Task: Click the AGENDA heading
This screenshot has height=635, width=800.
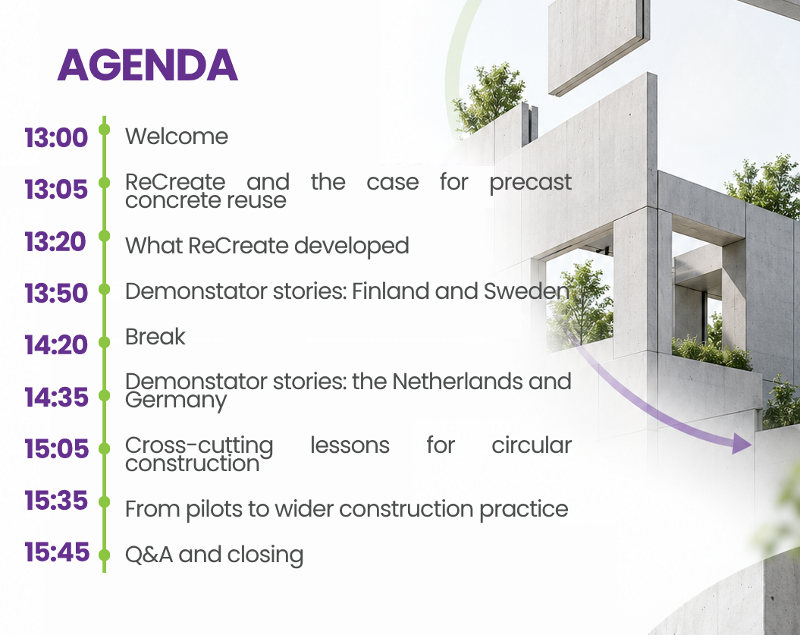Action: point(147,65)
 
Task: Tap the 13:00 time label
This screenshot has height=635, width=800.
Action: point(56,138)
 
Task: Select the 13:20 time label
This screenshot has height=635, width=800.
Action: point(55,242)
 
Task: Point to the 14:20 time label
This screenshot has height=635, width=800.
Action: point(56,345)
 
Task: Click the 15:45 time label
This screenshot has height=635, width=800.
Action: point(57,552)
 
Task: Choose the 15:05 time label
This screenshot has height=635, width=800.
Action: point(56,448)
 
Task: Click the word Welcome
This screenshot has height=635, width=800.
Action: point(177,137)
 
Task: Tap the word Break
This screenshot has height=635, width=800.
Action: point(155,337)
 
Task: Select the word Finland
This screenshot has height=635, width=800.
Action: point(391,291)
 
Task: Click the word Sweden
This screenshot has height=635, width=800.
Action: point(526,291)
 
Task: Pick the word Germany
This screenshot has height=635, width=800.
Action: point(176,401)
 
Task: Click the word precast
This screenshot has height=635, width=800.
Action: point(530,183)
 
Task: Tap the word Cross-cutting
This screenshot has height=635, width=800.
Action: point(199,445)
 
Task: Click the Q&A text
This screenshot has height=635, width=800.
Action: point(149,555)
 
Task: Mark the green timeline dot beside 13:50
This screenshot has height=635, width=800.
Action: point(104,289)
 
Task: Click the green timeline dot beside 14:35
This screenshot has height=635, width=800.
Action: point(104,395)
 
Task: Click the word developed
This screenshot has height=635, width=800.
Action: point(352,246)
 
